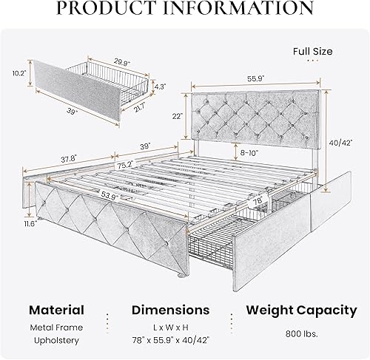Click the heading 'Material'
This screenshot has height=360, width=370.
[x=57, y=310]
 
